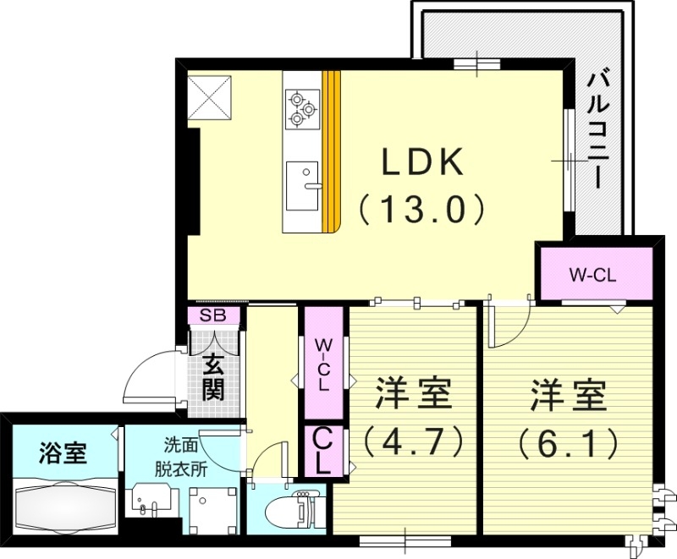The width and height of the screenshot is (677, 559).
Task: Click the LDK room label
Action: coord(423,163)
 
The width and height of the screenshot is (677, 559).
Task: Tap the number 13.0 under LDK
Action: coord(423,207)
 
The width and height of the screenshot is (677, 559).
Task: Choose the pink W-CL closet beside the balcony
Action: coord(596,274)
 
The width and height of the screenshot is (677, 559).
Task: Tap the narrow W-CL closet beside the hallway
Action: coord(324,364)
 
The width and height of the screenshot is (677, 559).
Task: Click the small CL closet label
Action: coord(324,451)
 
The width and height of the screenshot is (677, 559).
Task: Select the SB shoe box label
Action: coord(214,316)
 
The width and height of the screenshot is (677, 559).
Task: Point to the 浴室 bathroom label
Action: coord(63,453)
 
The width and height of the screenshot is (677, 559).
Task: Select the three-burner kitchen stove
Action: coord(303,109)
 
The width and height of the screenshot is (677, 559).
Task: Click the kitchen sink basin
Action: coord(301,184)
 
